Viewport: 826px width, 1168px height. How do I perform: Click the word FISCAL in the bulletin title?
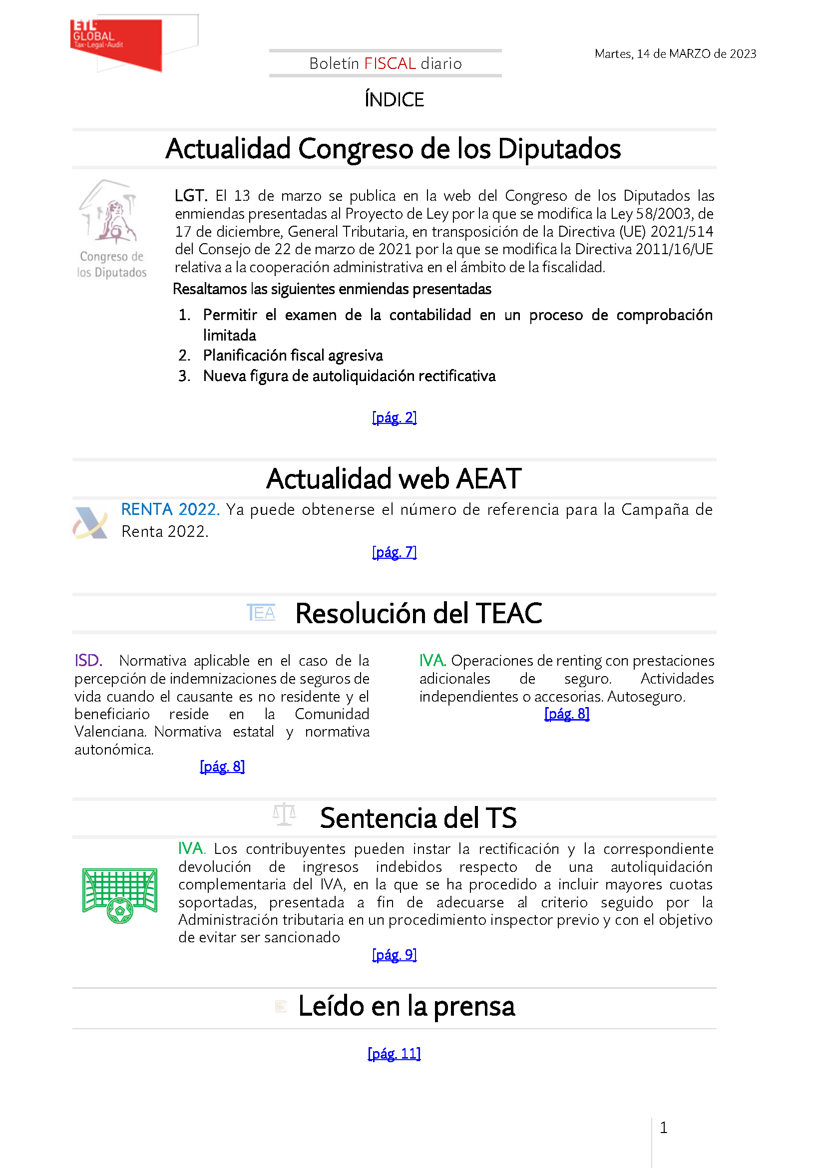click(390, 63)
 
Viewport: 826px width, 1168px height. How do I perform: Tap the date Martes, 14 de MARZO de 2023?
click(675, 54)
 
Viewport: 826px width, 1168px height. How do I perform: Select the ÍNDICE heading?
click(394, 100)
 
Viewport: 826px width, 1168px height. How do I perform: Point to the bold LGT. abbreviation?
click(190, 196)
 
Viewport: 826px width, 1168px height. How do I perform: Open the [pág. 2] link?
click(394, 417)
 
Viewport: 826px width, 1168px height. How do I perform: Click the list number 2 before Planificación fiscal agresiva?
click(184, 356)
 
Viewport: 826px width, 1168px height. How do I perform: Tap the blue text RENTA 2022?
click(170, 509)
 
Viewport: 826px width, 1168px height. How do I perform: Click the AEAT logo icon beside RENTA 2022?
click(90, 522)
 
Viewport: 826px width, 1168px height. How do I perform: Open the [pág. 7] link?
click(394, 552)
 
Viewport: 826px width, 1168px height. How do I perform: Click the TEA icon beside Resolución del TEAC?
click(261, 613)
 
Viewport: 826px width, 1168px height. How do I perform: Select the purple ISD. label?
click(88, 661)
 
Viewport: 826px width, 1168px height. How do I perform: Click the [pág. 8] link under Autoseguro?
click(567, 714)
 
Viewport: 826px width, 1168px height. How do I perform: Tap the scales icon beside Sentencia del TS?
click(284, 814)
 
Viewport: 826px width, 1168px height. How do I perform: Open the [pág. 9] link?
click(394, 955)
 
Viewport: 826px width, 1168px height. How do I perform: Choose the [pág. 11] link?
click(394, 1054)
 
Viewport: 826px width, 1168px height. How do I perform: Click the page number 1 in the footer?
click(663, 1128)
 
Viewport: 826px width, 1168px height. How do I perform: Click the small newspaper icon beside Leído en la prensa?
click(281, 1006)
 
